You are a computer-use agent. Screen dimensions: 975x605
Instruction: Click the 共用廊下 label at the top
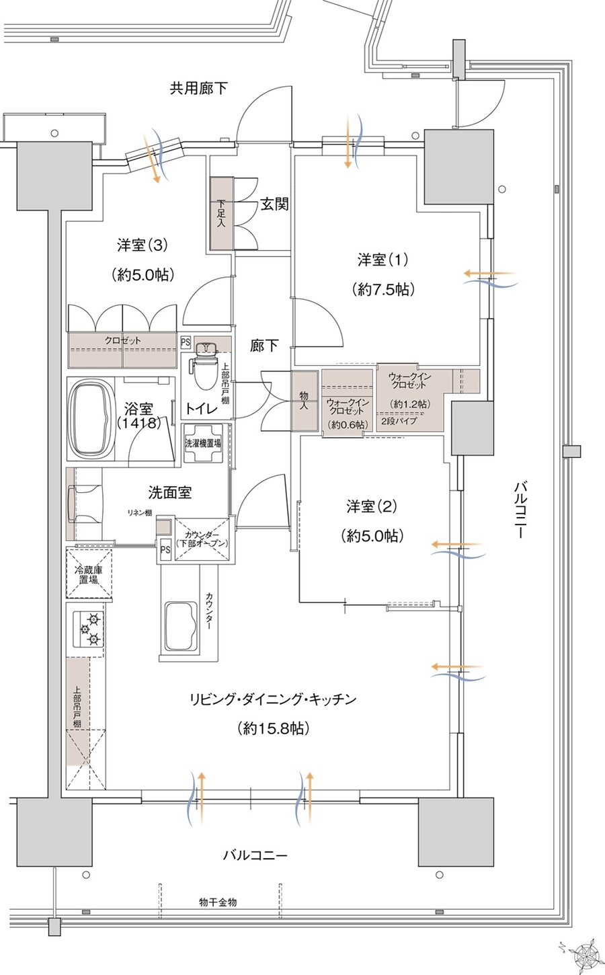198,88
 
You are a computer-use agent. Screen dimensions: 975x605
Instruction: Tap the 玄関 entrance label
274,204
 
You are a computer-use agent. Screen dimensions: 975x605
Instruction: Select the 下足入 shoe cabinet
221,213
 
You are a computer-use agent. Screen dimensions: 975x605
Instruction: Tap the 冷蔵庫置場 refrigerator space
89,572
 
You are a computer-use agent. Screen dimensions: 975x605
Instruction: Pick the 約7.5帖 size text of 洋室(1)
382,289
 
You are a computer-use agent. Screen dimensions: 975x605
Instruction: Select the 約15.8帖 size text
273,728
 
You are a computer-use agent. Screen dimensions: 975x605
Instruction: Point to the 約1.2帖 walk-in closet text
410,404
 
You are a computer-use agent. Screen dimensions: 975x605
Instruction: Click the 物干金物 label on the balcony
218,902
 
